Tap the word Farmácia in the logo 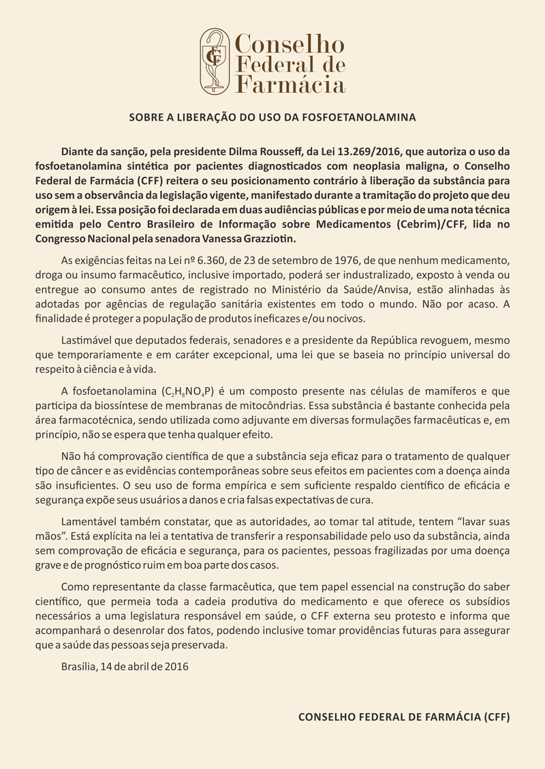tap(290, 85)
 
